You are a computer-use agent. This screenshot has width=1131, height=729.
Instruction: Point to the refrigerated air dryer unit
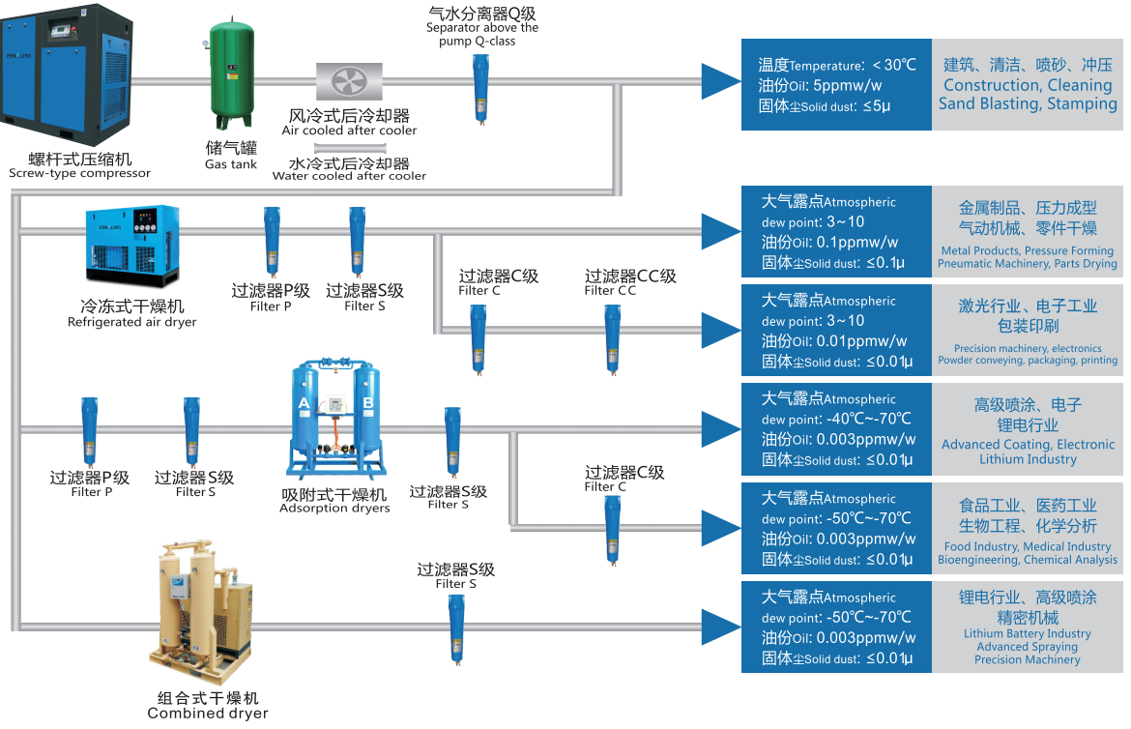tap(132, 239)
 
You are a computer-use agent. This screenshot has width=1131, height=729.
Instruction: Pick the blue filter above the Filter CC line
tap(611, 337)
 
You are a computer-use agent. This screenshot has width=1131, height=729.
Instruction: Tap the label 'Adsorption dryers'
tap(334, 508)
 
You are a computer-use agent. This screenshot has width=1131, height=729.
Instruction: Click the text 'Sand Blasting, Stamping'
tap(1028, 103)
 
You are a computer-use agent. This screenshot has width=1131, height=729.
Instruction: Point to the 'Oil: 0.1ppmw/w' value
tap(829, 243)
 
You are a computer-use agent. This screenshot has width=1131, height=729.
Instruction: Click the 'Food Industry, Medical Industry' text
tap(1028, 546)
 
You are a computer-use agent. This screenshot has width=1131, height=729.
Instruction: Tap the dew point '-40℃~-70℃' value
tap(867, 420)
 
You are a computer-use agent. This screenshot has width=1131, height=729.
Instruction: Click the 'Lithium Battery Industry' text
tap(1027, 634)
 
